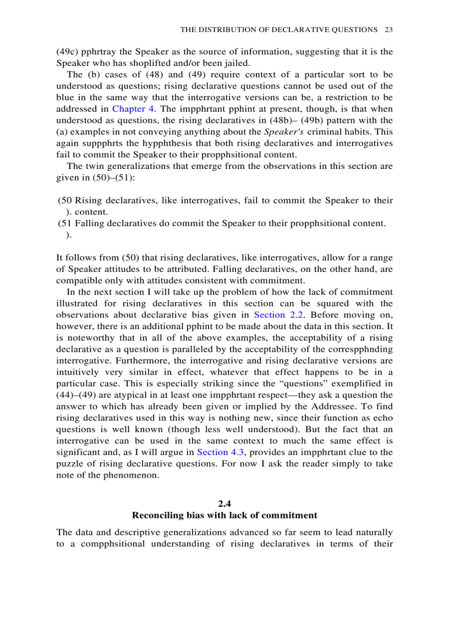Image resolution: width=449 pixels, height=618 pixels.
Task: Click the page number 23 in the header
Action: (x=388, y=29)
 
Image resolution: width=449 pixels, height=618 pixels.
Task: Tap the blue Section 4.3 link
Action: (x=220, y=452)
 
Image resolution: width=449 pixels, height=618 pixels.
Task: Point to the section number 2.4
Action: (x=225, y=504)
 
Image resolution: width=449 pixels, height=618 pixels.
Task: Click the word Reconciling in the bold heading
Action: (x=156, y=516)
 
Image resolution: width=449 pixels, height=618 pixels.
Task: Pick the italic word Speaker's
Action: (x=283, y=132)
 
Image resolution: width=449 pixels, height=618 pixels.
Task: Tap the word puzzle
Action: (x=70, y=463)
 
